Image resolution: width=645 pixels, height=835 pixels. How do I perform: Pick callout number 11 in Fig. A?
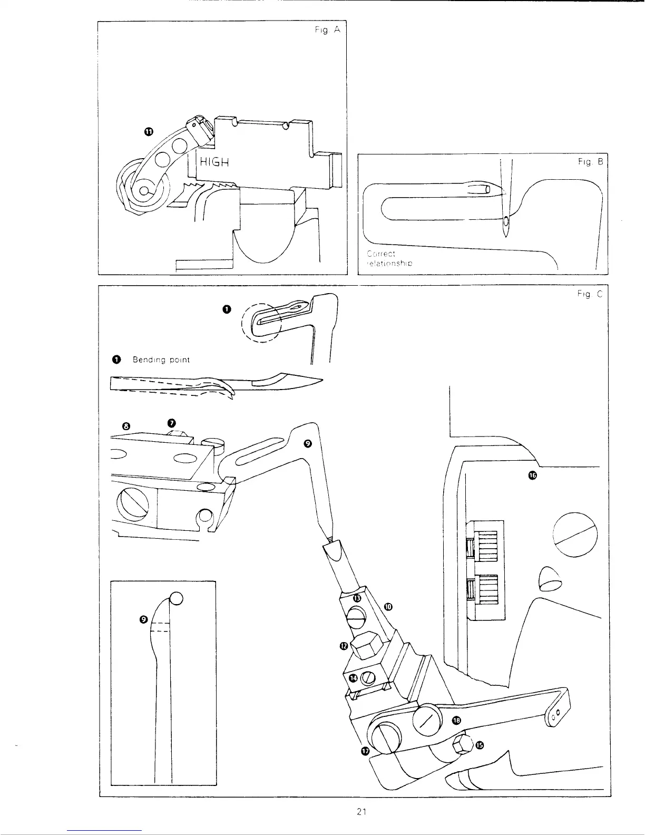pyautogui.click(x=149, y=132)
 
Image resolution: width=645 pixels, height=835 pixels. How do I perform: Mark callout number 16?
pyautogui.click(x=532, y=476)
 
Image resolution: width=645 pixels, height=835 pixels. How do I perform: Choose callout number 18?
pyautogui.click(x=456, y=720)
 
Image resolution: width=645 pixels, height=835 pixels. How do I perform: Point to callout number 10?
pyautogui.click(x=388, y=606)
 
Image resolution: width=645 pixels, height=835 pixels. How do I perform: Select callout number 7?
pyautogui.click(x=171, y=423)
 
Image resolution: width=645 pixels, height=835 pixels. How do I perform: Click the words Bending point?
pyautogui.click(x=161, y=360)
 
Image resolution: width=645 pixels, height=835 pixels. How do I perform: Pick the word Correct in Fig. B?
pyautogui.click(x=377, y=254)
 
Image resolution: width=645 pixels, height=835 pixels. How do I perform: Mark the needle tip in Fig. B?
pyautogui.click(x=506, y=235)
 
